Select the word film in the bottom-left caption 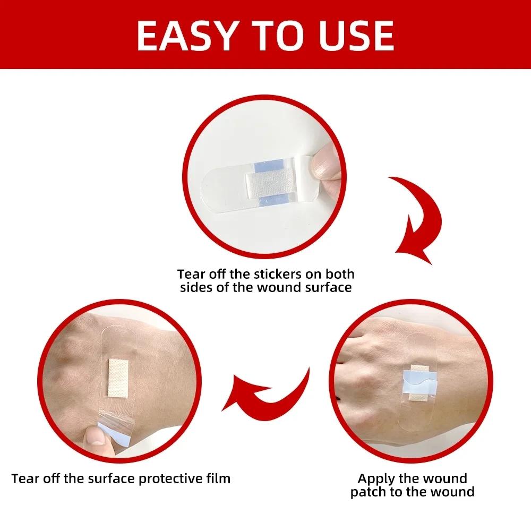[x=218, y=478]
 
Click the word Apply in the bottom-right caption [x=376, y=478]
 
